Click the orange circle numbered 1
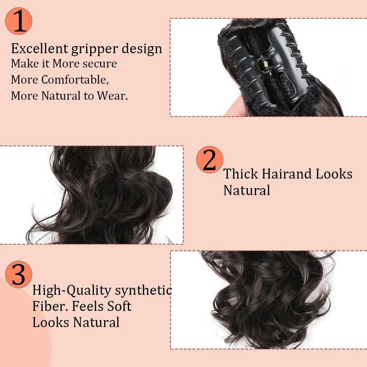[19, 21]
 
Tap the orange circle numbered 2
[209, 159]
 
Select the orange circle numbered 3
[18, 274]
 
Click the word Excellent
[40, 48]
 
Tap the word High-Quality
[71, 291]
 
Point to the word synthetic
[143, 290]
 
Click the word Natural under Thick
[247, 190]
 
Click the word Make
[25, 63]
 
